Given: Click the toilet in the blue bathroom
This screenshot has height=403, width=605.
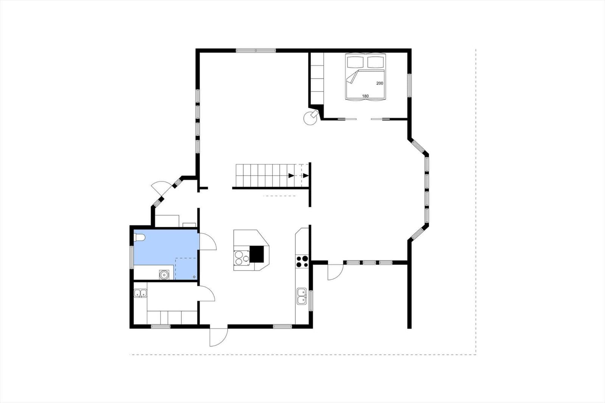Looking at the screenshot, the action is (x=140, y=237).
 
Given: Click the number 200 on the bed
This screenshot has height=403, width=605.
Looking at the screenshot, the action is (x=380, y=83).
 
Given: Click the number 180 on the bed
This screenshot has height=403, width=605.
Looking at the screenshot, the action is (x=365, y=96).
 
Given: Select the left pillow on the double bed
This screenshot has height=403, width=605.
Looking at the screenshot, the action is (x=355, y=62).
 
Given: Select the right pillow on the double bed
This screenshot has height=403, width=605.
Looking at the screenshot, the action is (x=376, y=62).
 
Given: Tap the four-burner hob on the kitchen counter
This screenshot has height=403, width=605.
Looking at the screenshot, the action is (x=302, y=261).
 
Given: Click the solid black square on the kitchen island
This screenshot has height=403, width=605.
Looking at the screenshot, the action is (x=257, y=254).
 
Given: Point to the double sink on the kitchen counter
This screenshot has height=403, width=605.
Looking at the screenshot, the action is (x=302, y=296).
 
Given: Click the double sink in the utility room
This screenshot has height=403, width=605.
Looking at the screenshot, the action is (x=140, y=293).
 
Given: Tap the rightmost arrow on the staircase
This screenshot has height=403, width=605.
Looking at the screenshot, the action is (x=306, y=175).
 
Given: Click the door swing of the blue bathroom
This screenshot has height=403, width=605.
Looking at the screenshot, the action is (x=208, y=242).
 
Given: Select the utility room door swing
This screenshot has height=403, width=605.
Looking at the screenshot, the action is (x=206, y=293).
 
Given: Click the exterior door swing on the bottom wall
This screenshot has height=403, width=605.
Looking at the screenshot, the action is (x=219, y=337).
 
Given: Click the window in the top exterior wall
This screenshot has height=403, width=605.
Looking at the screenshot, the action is (x=256, y=51).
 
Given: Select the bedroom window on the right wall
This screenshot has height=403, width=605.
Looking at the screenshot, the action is (x=410, y=85).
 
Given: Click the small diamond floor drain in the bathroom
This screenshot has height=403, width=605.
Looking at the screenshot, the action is (x=194, y=277).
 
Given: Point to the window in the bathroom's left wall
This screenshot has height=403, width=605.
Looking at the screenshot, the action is (x=132, y=257).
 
